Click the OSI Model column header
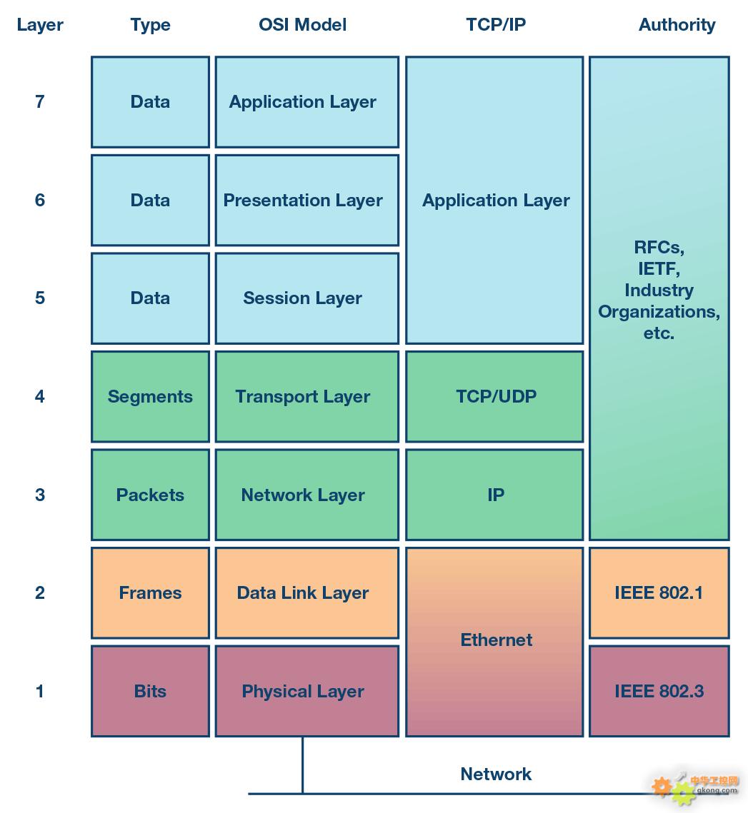pyautogui.click(x=303, y=24)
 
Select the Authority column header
pyautogui.click(x=677, y=24)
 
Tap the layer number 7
pyautogui.click(x=39, y=101)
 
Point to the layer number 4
pyautogui.click(x=39, y=396)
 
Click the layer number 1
pyautogui.click(x=39, y=691)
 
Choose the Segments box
pyautogui.click(x=151, y=397)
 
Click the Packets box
pyautogui.click(x=151, y=495)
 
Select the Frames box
pyautogui.click(x=151, y=592)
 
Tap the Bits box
pyautogui.click(x=151, y=691)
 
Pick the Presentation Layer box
pyautogui.click(x=307, y=200)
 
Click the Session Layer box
pyautogui.click(x=307, y=298)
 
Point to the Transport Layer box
pyautogui.click(x=307, y=397)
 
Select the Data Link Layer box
pyautogui.click(x=307, y=592)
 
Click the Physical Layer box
pyautogui.click(x=307, y=691)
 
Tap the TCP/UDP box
pyautogui.click(x=494, y=397)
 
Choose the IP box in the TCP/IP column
pyautogui.click(x=494, y=495)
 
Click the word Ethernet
pyautogui.click(x=497, y=640)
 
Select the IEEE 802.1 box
pyautogui.click(x=659, y=592)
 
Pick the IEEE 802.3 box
pyautogui.click(x=659, y=691)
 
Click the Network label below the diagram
pyautogui.click(x=496, y=774)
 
